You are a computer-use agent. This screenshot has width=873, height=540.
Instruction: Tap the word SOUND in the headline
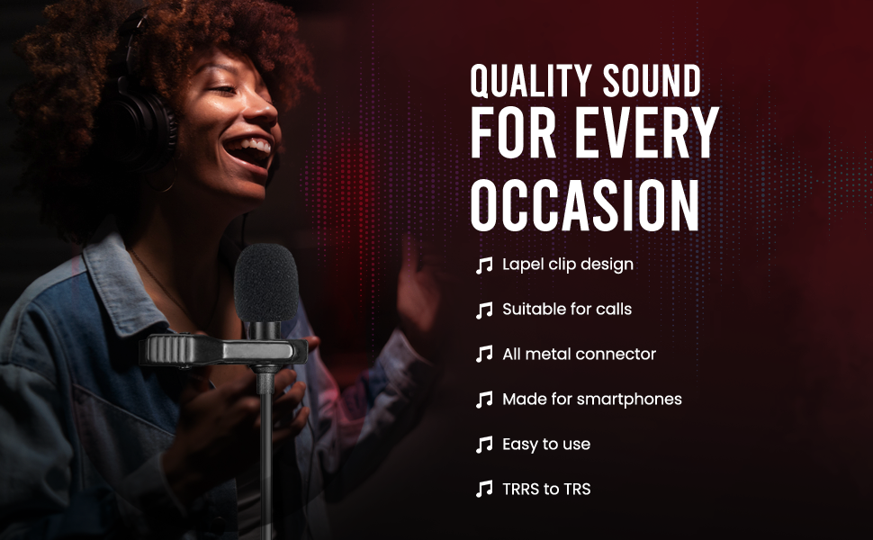(x=652, y=81)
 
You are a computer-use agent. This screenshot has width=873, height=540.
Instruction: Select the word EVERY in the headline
(x=647, y=132)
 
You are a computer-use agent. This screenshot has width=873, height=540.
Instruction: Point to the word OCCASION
(x=585, y=205)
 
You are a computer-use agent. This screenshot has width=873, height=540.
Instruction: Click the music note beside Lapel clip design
(x=484, y=265)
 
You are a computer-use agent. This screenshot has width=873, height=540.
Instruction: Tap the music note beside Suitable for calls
(x=484, y=310)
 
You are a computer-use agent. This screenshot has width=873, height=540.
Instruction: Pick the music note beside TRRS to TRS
(x=484, y=489)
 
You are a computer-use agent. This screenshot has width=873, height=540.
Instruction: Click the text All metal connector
(x=579, y=354)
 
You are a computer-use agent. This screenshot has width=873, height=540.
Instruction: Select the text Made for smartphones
(x=592, y=400)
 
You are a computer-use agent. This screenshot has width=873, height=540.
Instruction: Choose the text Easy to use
(x=546, y=445)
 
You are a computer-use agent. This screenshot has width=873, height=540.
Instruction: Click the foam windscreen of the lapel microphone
(x=265, y=283)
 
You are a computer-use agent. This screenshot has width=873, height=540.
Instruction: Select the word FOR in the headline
(x=513, y=132)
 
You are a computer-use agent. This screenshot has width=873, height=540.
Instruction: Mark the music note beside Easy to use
(x=484, y=445)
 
